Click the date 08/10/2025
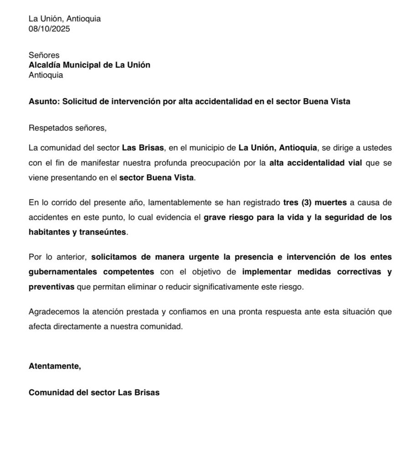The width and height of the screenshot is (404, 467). pyautogui.click(x=49, y=29)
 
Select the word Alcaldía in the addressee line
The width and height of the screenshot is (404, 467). pyautogui.click(x=46, y=65)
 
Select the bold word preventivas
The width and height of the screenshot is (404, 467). pyautogui.click(x=52, y=287)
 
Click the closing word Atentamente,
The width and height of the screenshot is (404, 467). pyautogui.click(x=55, y=366)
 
